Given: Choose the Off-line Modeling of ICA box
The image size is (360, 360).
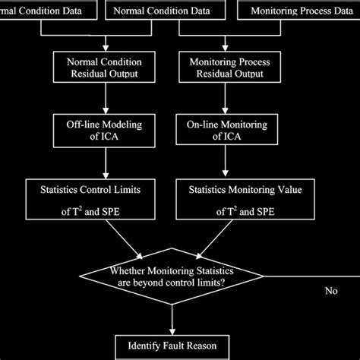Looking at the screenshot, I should pos(104,127).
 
